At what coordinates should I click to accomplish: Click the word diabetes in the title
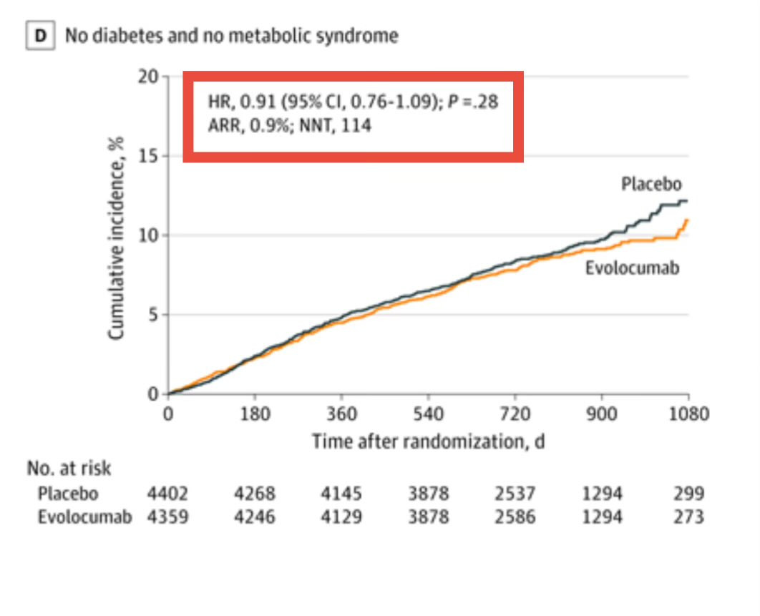[117, 35]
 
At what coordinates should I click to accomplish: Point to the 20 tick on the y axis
[147, 77]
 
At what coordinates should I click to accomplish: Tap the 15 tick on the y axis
[147, 156]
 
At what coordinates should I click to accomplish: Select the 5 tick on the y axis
[153, 315]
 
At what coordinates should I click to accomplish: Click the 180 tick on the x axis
[254, 414]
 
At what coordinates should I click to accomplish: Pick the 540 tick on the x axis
[428, 414]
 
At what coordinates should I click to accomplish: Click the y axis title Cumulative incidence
[117, 238]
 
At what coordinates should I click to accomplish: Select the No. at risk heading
[69, 469]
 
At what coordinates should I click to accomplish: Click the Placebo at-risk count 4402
[168, 494]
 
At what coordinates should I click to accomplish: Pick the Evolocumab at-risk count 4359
[168, 517]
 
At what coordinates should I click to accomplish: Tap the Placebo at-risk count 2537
[515, 494]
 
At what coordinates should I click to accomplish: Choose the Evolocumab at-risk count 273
[689, 517]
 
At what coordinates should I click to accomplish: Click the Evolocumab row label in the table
[84, 517]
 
